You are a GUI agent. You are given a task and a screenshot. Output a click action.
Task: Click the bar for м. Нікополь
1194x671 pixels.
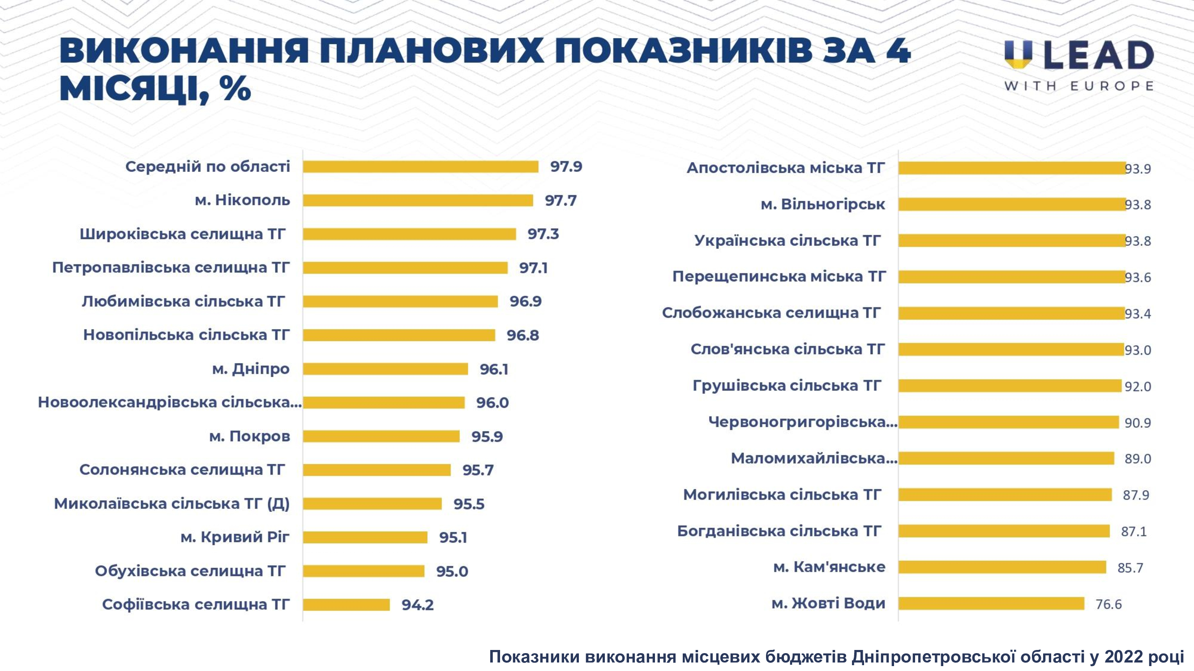pyautogui.click(x=418, y=200)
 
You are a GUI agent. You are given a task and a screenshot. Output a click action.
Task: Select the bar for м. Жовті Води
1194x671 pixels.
pyautogui.click(x=991, y=603)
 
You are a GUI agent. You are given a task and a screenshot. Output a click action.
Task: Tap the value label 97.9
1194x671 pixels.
pyautogui.click(x=566, y=167)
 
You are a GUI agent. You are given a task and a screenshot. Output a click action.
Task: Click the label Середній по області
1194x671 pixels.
pyautogui.click(x=208, y=167)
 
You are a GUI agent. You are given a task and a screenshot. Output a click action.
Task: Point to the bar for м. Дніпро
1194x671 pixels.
pyautogui.click(x=385, y=369)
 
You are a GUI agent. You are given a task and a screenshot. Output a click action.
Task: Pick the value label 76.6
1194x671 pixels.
pyautogui.click(x=1108, y=604)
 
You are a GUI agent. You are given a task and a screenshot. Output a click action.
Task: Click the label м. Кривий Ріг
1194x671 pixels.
pyautogui.click(x=235, y=537)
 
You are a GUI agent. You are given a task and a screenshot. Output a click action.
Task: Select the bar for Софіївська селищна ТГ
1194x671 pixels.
pyautogui.click(x=346, y=605)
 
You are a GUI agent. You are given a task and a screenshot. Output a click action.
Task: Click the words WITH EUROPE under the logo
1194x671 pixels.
pyautogui.click(x=1078, y=86)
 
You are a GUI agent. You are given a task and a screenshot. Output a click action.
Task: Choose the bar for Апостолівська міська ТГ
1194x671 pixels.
pyautogui.click(x=1011, y=168)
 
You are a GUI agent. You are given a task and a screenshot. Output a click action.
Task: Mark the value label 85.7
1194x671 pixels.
pyautogui.click(x=1130, y=568)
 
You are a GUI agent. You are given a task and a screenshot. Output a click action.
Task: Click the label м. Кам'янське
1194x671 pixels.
pyautogui.click(x=829, y=567)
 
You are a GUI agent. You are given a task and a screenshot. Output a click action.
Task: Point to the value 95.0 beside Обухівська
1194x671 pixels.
pyautogui.click(x=452, y=571)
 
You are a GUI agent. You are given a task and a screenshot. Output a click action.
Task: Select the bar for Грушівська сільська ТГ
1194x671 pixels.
pyautogui.click(x=1010, y=386)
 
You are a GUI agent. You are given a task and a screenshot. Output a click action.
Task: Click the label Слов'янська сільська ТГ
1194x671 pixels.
pyautogui.click(x=787, y=349)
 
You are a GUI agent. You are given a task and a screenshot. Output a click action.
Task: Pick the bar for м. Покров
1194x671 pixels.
pyautogui.click(x=381, y=436)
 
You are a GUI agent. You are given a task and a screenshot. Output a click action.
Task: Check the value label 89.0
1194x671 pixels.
pyautogui.click(x=1138, y=459)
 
